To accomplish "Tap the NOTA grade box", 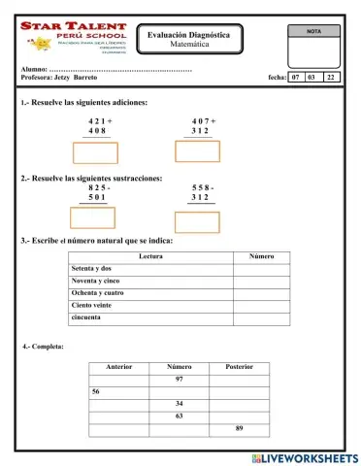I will click(x=313, y=43).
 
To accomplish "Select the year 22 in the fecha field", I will click(x=331, y=76).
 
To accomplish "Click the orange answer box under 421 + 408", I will click(x=96, y=153).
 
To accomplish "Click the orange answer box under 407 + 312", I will click(x=197, y=151).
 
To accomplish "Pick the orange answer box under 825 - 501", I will click(x=92, y=217).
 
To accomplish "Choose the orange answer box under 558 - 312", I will click(x=197, y=220).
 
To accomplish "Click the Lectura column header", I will click(x=150, y=255).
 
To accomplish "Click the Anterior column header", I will click(x=118, y=367).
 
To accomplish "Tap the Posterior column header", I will click(x=239, y=367).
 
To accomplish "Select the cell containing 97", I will click(x=179, y=379).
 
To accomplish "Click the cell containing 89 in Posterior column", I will click(x=239, y=428).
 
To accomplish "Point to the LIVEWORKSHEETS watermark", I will click(x=304, y=457).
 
